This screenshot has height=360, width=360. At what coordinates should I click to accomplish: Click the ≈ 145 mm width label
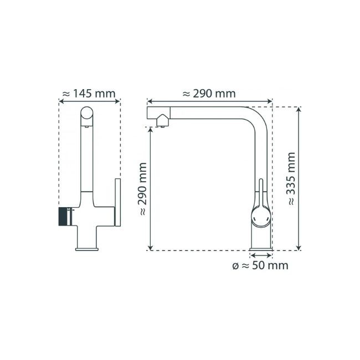point(89,94)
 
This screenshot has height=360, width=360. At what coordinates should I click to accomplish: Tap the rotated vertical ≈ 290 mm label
point(142,188)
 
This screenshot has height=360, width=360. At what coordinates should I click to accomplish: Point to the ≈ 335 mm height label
point(291,178)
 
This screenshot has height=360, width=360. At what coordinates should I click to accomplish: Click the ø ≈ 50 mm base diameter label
point(260,266)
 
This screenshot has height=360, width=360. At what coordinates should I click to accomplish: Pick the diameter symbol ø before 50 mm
point(236,266)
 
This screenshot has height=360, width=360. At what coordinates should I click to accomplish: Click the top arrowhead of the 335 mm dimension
point(299,110)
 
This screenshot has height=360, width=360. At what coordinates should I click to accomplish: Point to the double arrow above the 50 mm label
point(261,255)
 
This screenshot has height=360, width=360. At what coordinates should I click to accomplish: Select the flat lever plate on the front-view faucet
point(117,202)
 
